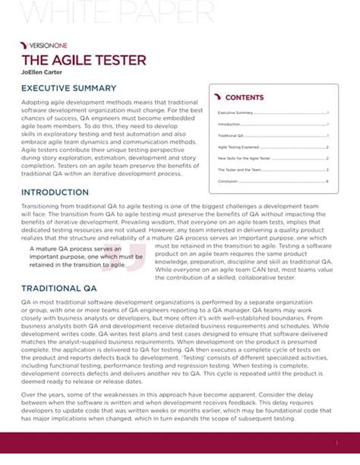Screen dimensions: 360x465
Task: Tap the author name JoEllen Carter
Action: point(43,72)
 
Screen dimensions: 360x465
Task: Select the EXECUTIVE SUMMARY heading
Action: point(68,89)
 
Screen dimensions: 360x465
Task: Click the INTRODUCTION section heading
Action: point(57,192)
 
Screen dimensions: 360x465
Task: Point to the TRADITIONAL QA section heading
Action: point(59,289)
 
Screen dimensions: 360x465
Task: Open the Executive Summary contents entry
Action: point(235,112)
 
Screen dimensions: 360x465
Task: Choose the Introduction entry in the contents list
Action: point(229,124)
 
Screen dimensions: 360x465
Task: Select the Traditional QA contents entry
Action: point(231,136)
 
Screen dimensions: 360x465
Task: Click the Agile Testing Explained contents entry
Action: point(239,147)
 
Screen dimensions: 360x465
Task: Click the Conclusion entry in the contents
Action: point(229,182)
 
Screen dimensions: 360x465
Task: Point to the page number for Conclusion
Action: point(327,182)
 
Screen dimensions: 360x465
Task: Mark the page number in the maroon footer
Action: point(336,442)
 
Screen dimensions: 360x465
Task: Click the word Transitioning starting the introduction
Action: point(46,206)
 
